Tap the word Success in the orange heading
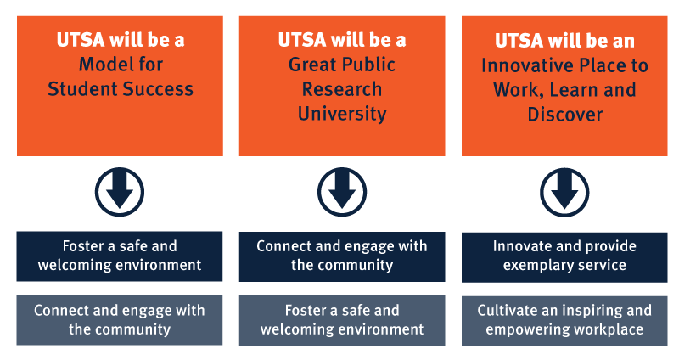pyautogui.click(x=158, y=89)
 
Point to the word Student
pyautogui.click(x=82, y=89)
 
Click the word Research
pyautogui.click(x=342, y=89)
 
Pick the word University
pyautogui.click(x=342, y=114)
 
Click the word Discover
pyautogui.click(x=564, y=115)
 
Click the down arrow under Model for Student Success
pyautogui.click(x=120, y=192)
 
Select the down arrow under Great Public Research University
pyautogui.click(x=342, y=192)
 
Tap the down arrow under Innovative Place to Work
pyautogui.click(x=564, y=193)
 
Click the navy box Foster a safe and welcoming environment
pyautogui.click(x=120, y=256)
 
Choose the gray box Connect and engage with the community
pyautogui.click(x=120, y=320)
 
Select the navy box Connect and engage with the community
pyautogui.click(x=342, y=256)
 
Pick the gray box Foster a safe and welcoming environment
pyautogui.click(x=342, y=320)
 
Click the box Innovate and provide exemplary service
pyautogui.click(x=564, y=257)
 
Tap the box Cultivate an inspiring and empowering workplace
pyautogui.click(x=564, y=321)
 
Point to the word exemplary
pyautogui.click(x=533, y=265)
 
